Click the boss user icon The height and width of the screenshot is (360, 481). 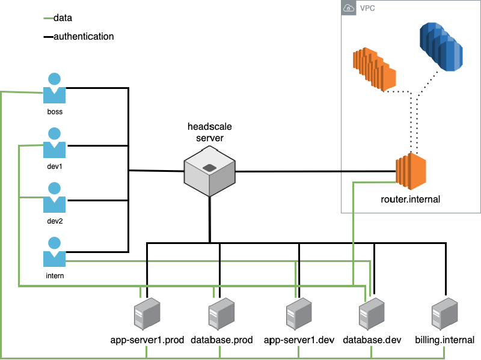click(x=54, y=89)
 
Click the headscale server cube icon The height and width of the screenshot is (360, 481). click(x=209, y=171)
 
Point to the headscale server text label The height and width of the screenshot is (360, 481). click(x=209, y=132)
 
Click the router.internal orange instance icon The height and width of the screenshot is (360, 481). click(x=411, y=170)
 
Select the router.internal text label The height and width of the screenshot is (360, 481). click(x=411, y=199)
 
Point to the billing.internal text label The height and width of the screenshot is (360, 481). click(x=444, y=340)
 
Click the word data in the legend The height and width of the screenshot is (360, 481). click(x=63, y=19)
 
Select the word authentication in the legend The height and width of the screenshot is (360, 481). click(x=84, y=37)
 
